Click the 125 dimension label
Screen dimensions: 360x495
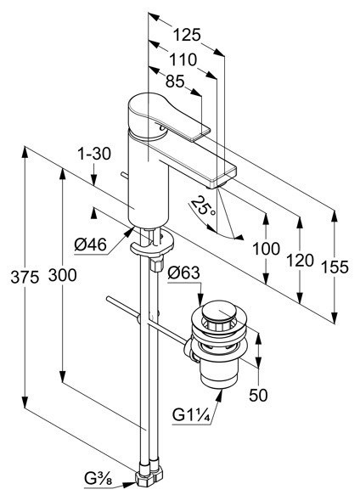[187, 35]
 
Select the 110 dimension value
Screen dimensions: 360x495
[183, 59]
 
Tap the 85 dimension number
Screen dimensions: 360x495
[175, 82]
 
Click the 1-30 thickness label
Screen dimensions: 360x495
[94, 154]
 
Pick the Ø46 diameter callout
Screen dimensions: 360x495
[90, 245]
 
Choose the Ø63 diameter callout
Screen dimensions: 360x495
[183, 273]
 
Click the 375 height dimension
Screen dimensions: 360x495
[25, 277]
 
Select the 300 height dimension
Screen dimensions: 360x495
[63, 275]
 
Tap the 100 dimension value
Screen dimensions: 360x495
[267, 249]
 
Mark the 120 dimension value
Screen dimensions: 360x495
[300, 261]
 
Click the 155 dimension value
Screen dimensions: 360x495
[335, 267]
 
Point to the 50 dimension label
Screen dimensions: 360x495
[258, 395]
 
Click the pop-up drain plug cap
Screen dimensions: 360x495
[219, 312]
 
